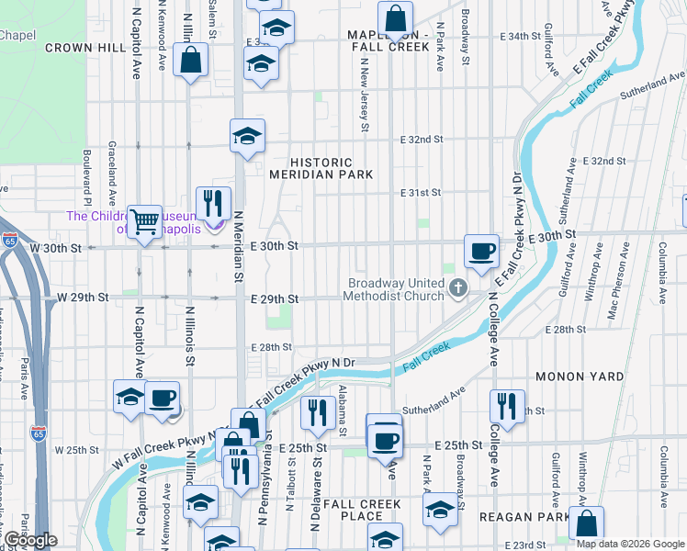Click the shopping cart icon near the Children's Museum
coord(144,221)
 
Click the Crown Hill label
coord(77,47)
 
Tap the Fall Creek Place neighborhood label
coord(362,511)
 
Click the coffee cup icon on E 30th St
coord(481,251)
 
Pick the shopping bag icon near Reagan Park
coord(586,523)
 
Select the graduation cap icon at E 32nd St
coord(246,136)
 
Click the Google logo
coord(29,540)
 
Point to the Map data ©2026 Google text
coord(630,544)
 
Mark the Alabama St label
coord(342,410)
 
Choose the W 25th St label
coord(77,450)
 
